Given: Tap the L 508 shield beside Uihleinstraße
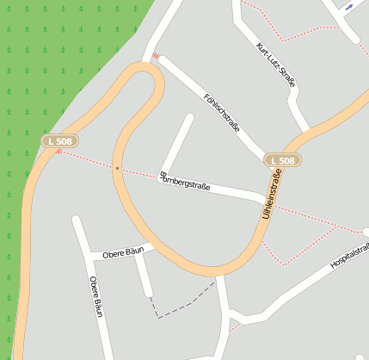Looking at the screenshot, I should (282, 160).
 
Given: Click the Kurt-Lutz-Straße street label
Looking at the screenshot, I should (276, 65).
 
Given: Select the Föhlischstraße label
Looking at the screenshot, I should (222, 112).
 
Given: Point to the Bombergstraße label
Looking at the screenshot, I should (185, 184).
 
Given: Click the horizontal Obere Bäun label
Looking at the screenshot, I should (122, 253).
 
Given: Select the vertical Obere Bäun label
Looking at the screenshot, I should (95, 298).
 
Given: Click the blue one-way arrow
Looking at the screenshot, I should (348, 7).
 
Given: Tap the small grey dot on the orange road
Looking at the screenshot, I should (116, 168).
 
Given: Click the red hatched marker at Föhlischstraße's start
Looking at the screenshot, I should (156, 57).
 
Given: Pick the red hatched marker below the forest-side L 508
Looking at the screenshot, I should (58, 152).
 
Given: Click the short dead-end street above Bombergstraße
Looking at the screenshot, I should (177, 142).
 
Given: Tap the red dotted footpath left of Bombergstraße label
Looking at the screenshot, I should (86, 159).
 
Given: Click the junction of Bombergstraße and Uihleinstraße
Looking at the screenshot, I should (262, 197).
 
